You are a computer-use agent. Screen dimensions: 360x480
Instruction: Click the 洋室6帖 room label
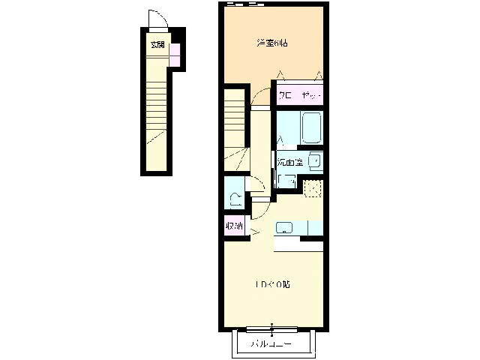(x=272, y=43)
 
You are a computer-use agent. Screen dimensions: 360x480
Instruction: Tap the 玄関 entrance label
(x=157, y=44)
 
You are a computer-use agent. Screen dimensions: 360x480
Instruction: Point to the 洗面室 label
(x=289, y=161)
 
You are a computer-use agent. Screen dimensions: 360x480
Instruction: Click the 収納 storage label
(x=234, y=225)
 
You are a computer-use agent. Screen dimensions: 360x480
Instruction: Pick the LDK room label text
(x=271, y=284)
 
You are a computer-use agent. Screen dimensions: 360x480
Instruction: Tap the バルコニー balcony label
(x=271, y=344)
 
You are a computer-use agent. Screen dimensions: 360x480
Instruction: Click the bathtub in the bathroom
(x=310, y=127)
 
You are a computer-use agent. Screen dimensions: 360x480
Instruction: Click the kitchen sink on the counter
(x=285, y=227)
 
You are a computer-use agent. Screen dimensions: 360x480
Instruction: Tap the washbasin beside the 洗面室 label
(x=314, y=160)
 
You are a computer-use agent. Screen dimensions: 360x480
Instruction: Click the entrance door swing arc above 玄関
(x=156, y=19)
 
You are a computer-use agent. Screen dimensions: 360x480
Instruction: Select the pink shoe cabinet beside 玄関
(x=174, y=53)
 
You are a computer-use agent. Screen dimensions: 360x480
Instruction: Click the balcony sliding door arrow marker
(x=272, y=328)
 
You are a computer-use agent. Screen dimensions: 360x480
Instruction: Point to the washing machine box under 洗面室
(x=286, y=180)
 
